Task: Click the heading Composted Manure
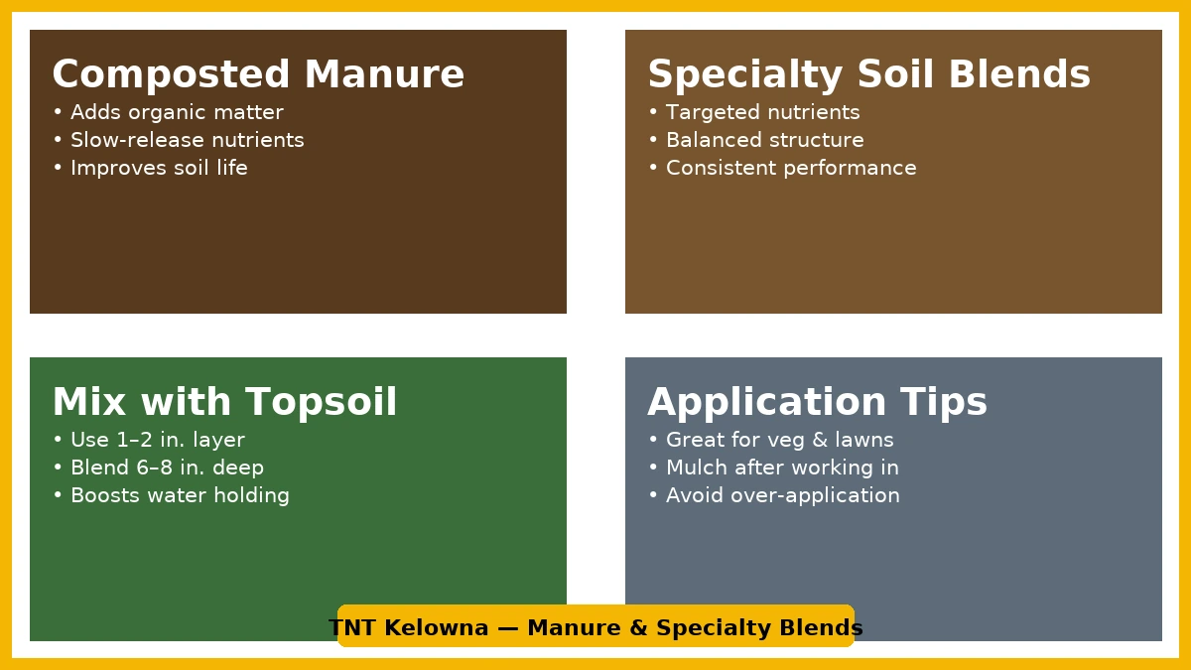tap(258, 74)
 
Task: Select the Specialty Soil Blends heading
tap(869, 74)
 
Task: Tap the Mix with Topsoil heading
tap(224, 402)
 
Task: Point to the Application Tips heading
tap(817, 402)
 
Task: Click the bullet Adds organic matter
tap(169, 113)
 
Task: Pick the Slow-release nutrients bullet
tap(179, 140)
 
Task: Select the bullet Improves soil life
tap(151, 168)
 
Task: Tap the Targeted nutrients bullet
tap(754, 113)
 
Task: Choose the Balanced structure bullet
tap(756, 140)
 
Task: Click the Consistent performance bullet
tap(783, 168)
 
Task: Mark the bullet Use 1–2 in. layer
tap(149, 441)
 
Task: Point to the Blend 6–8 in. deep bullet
tap(159, 468)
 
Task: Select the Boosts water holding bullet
tap(171, 495)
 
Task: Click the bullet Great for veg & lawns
tap(771, 441)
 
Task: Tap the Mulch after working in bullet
tap(773, 468)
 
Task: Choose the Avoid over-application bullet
tap(774, 495)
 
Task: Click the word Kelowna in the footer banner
tap(436, 628)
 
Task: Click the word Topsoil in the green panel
tap(322, 402)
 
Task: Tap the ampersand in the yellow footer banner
tap(638, 628)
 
